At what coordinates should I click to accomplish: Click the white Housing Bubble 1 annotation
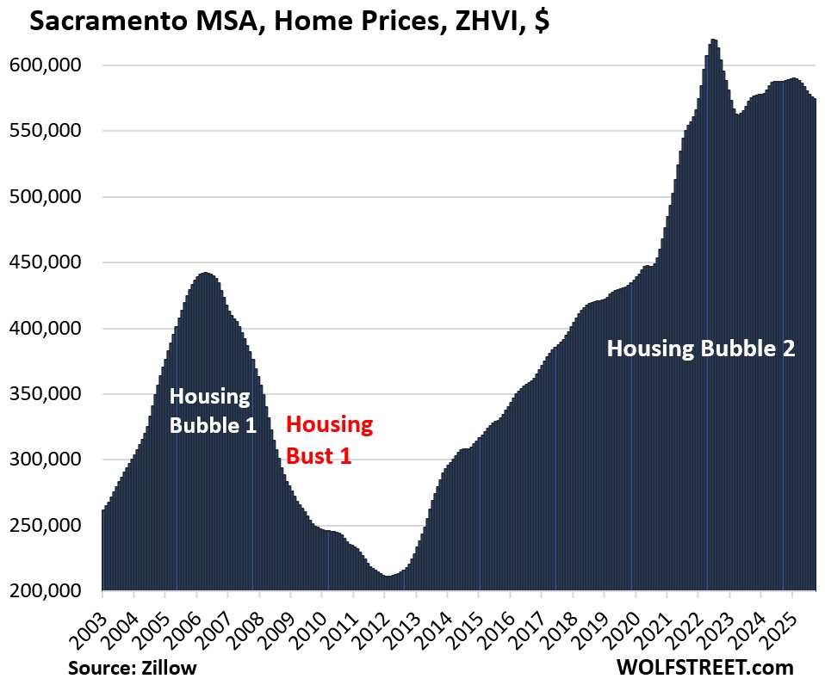coord(213,410)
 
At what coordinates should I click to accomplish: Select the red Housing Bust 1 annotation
coord(329,439)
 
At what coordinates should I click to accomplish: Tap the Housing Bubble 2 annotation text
coord(700,349)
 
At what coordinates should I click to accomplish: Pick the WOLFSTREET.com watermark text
coord(704,667)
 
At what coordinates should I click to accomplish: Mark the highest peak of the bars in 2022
coord(713,40)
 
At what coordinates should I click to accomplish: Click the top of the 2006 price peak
coord(205,274)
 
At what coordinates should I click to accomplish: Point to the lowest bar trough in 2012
coord(388,576)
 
